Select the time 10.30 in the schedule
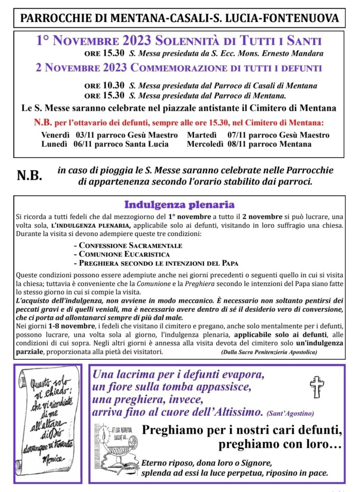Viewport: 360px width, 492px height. pyautogui.click(x=114, y=86)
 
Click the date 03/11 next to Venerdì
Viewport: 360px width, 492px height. pyautogui.click(x=83, y=135)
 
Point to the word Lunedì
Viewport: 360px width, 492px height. pyautogui.click(x=54, y=144)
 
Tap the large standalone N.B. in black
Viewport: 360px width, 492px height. pyautogui.click(x=30, y=176)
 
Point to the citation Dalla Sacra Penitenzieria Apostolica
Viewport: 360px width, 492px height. pyautogui.click(x=269, y=352)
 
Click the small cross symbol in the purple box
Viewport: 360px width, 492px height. pyautogui.click(x=317, y=386)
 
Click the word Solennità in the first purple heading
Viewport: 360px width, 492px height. pyautogui.click(x=198, y=41)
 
